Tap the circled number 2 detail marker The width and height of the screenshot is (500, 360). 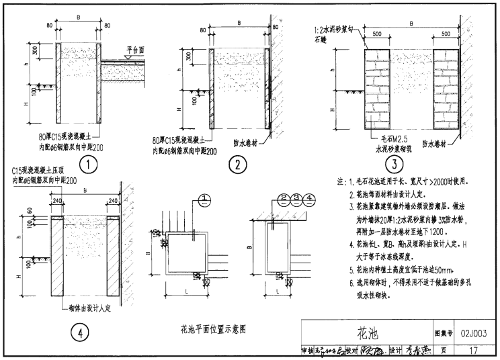point(237,165)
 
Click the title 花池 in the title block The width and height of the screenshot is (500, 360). point(369,334)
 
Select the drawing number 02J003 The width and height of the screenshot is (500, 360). point(474,334)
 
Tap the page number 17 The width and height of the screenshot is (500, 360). point(474,350)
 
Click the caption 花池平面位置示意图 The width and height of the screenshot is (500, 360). point(214,329)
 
